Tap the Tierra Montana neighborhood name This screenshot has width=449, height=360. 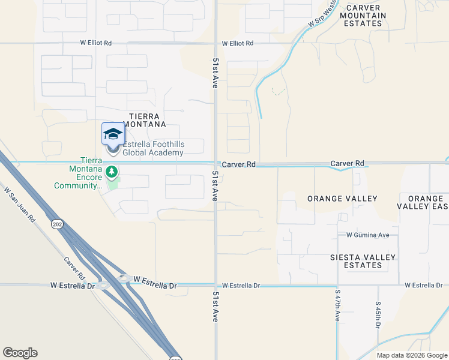(x=144, y=120)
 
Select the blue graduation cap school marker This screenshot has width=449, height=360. (x=113, y=134)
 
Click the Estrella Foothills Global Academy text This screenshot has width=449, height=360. (x=153, y=148)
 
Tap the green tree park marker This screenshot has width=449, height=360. (x=111, y=173)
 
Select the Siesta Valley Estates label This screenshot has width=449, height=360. (x=363, y=262)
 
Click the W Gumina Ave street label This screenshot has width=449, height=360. (x=368, y=235)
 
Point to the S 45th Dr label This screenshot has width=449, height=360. (x=379, y=314)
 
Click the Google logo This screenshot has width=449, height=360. (x=20, y=353)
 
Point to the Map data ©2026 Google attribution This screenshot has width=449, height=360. (x=412, y=355)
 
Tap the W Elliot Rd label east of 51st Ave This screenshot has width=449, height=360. (x=238, y=43)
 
